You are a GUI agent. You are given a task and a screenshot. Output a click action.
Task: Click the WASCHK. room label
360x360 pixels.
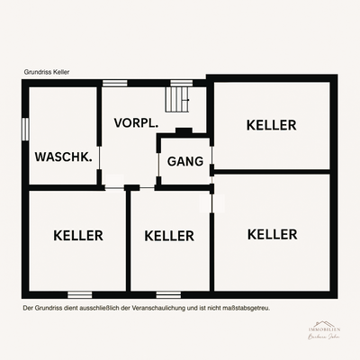click(x=63, y=157)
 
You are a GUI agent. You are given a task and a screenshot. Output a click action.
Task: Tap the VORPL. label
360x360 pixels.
click(x=136, y=121)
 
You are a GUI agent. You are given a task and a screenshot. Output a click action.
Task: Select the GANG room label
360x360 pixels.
click(x=184, y=162)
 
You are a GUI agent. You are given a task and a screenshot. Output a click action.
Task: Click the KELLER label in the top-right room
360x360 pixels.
click(x=271, y=125)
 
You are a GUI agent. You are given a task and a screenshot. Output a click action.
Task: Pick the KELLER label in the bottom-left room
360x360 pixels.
click(x=78, y=236)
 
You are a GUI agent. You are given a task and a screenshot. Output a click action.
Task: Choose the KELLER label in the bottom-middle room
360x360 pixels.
click(x=169, y=236)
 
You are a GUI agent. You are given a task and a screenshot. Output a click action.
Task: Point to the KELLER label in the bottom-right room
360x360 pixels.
click(x=272, y=234)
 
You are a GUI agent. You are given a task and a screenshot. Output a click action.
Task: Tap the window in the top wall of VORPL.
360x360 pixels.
click(x=114, y=84)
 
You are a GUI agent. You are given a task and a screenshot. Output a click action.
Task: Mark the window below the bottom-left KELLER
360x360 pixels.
click(x=80, y=294)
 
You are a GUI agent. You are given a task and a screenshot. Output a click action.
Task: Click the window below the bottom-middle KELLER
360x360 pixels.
click(x=168, y=294)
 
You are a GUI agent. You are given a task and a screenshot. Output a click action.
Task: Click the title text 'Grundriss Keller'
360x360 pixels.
click(x=49, y=72)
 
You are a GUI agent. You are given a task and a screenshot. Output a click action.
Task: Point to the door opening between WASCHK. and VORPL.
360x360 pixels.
click(x=99, y=164)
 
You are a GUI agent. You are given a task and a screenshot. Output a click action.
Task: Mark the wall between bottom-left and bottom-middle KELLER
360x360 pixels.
click(x=128, y=241)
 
